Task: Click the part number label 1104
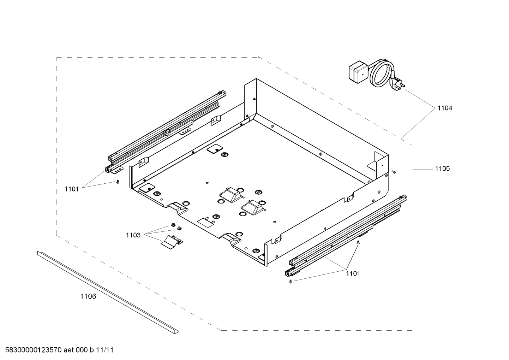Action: [x=444, y=108]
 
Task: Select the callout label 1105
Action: [x=442, y=169]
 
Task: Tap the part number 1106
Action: [x=88, y=296]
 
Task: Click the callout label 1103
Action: [x=133, y=235]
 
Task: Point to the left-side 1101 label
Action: [x=72, y=189]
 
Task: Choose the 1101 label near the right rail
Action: [x=353, y=273]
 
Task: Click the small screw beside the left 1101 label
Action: [x=117, y=182]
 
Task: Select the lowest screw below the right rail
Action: [x=290, y=281]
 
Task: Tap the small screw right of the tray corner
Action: [x=394, y=172]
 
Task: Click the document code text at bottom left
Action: [x=58, y=350]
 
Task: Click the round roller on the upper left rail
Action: [x=166, y=133]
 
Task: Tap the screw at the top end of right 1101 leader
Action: [x=358, y=242]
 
